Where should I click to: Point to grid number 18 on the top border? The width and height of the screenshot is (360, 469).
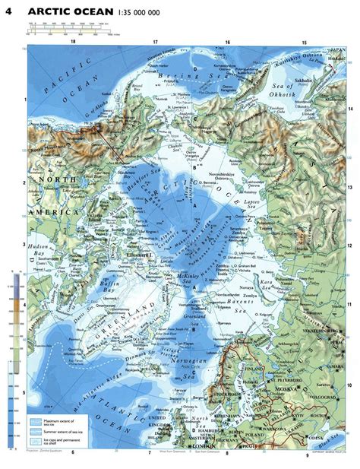point(73,43)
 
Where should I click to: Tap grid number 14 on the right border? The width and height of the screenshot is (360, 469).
point(350,109)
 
